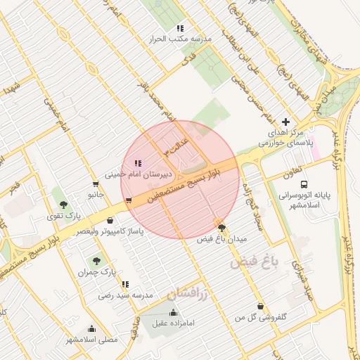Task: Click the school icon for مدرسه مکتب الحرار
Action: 180,29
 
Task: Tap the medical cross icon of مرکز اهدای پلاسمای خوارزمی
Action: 285,122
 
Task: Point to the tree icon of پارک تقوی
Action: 64,205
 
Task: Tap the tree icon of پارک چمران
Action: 97,261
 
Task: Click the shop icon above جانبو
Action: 96,184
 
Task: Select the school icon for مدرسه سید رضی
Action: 125,285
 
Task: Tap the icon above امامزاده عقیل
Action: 174,313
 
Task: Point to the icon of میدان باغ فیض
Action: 222,227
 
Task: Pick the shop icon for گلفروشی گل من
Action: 262,307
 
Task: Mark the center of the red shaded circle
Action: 180,180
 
